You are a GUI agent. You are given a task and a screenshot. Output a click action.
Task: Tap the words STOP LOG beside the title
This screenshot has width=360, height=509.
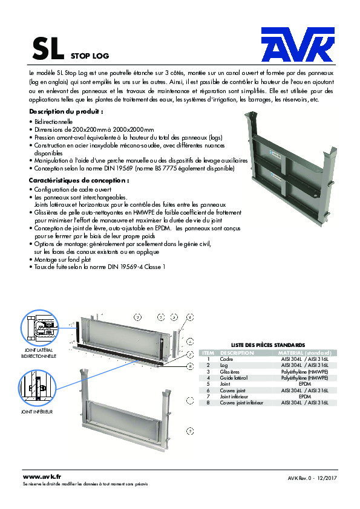(90, 56)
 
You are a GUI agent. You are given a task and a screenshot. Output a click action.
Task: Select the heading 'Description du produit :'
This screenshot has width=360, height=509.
(66, 112)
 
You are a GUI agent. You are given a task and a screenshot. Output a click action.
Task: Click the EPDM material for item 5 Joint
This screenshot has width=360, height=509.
(305, 384)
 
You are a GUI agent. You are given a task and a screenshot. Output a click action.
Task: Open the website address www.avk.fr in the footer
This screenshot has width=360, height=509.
(42, 478)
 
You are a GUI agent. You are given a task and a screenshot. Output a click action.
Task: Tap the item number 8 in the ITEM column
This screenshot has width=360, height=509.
(208, 402)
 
